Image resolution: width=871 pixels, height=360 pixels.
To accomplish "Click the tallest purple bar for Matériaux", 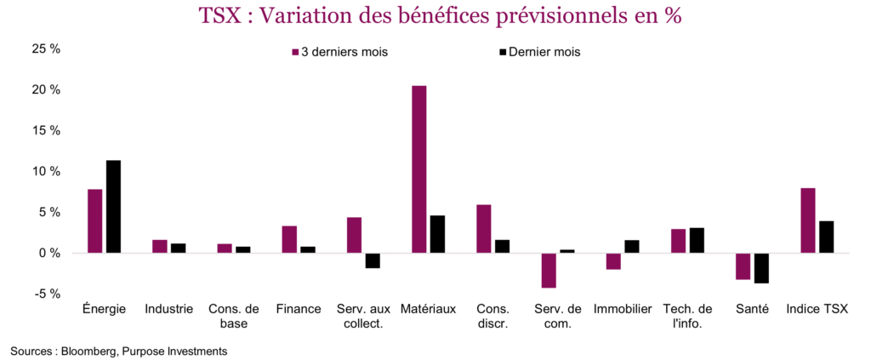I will [x=418, y=169].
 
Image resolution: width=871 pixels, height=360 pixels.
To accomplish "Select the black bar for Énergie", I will [x=113, y=207].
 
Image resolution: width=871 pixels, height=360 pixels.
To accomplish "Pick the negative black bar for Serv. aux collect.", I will [x=373, y=260].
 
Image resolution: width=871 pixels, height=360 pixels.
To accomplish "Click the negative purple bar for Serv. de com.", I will [x=549, y=270].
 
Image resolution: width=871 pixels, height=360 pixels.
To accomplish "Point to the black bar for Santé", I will [x=760, y=268].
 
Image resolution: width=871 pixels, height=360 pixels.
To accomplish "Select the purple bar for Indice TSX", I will [x=807, y=220].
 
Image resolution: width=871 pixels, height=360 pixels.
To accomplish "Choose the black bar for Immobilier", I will [x=631, y=247].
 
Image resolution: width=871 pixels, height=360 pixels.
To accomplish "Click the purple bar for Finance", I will [x=289, y=239].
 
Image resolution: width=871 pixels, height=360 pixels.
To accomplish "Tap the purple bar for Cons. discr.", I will [x=483, y=229].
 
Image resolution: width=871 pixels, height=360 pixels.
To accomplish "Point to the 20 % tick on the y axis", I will [x=48, y=90].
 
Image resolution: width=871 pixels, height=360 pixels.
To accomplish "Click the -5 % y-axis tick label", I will [x=48, y=294].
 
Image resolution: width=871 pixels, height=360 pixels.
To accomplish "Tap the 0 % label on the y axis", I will [x=51, y=254].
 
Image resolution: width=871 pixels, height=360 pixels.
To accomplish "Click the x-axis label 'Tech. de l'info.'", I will [x=687, y=316].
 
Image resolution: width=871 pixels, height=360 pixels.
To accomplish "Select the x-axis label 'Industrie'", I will [x=168, y=309].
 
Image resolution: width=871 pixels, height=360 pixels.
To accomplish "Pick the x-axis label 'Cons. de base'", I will [x=234, y=316].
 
